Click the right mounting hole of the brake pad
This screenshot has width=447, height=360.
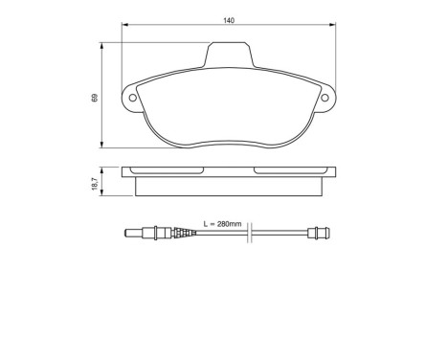326,98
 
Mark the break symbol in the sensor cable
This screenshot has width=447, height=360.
249,234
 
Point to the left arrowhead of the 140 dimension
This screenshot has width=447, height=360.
124,27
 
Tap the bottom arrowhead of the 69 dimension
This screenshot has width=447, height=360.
102,146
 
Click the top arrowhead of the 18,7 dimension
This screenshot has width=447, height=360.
102,169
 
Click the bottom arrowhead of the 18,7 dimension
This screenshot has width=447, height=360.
102,191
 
